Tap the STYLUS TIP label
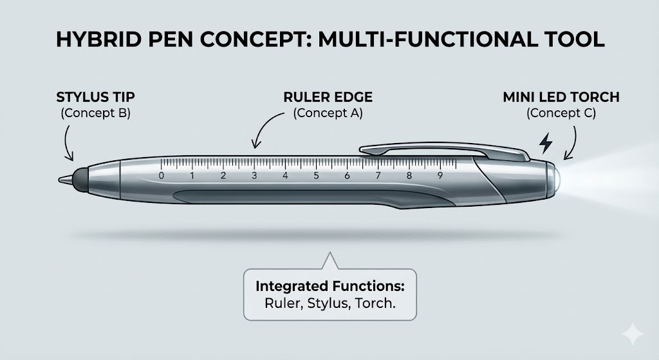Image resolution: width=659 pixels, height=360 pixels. (96, 98)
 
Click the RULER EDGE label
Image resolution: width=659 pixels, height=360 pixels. (328, 98)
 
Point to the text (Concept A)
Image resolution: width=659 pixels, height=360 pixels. (328, 114)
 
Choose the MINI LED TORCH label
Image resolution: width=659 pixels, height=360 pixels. (561, 98)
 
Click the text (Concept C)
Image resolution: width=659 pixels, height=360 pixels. (561, 114)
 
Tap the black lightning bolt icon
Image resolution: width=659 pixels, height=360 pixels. (545, 143)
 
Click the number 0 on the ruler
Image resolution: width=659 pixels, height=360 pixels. (161, 176)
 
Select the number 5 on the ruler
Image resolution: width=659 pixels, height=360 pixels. (316, 176)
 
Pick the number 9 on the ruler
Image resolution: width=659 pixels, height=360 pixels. (440, 176)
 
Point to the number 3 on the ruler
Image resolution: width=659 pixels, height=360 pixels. (254, 176)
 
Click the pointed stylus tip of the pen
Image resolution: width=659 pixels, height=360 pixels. (63, 178)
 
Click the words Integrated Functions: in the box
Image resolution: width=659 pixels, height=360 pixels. (326, 285)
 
